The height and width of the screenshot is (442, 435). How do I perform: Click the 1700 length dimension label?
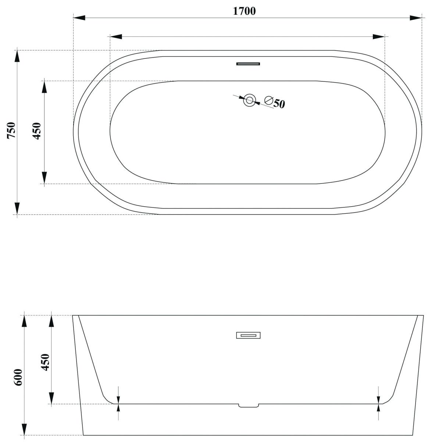pos(244,11)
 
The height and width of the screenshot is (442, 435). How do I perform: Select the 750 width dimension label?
pos(11,130)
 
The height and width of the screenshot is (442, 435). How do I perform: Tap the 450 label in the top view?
pos(37,131)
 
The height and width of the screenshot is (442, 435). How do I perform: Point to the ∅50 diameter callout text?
pos(275,102)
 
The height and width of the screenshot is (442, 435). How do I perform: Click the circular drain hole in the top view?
pos(249,100)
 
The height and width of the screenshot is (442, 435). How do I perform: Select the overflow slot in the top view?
pos(248,63)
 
